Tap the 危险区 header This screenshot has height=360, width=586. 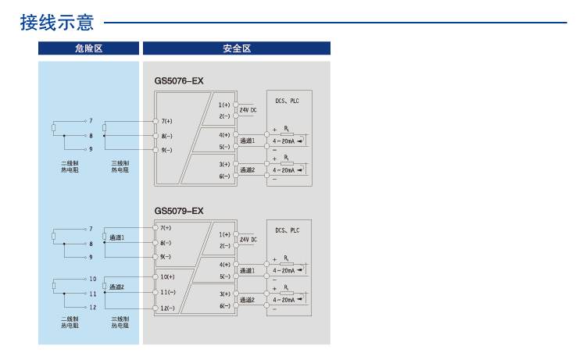[x=88, y=48]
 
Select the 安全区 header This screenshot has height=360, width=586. [x=236, y=48]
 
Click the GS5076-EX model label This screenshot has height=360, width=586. [x=179, y=80]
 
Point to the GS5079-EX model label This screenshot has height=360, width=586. [x=179, y=211]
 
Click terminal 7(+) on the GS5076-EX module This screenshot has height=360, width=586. [x=166, y=121]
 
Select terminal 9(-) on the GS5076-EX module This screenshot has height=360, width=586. [x=166, y=149]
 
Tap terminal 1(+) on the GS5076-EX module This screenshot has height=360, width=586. [x=224, y=105]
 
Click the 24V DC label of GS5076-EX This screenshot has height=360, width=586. [x=248, y=110]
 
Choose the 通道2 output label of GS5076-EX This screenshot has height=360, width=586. [x=248, y=169]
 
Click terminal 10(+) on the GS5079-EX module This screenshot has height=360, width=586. [x=167, y=276]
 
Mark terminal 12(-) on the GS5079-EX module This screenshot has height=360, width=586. [x=167, y=308]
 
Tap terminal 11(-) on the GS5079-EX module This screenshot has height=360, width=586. [x=167, y=292]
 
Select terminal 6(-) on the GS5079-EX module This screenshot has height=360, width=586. [x=224, y=306]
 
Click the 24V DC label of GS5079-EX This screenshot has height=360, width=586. [x=248, y=240]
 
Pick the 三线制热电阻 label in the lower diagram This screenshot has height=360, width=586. [x=120, y=323]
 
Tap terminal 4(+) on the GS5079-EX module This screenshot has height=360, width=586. [x=224, y=265]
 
